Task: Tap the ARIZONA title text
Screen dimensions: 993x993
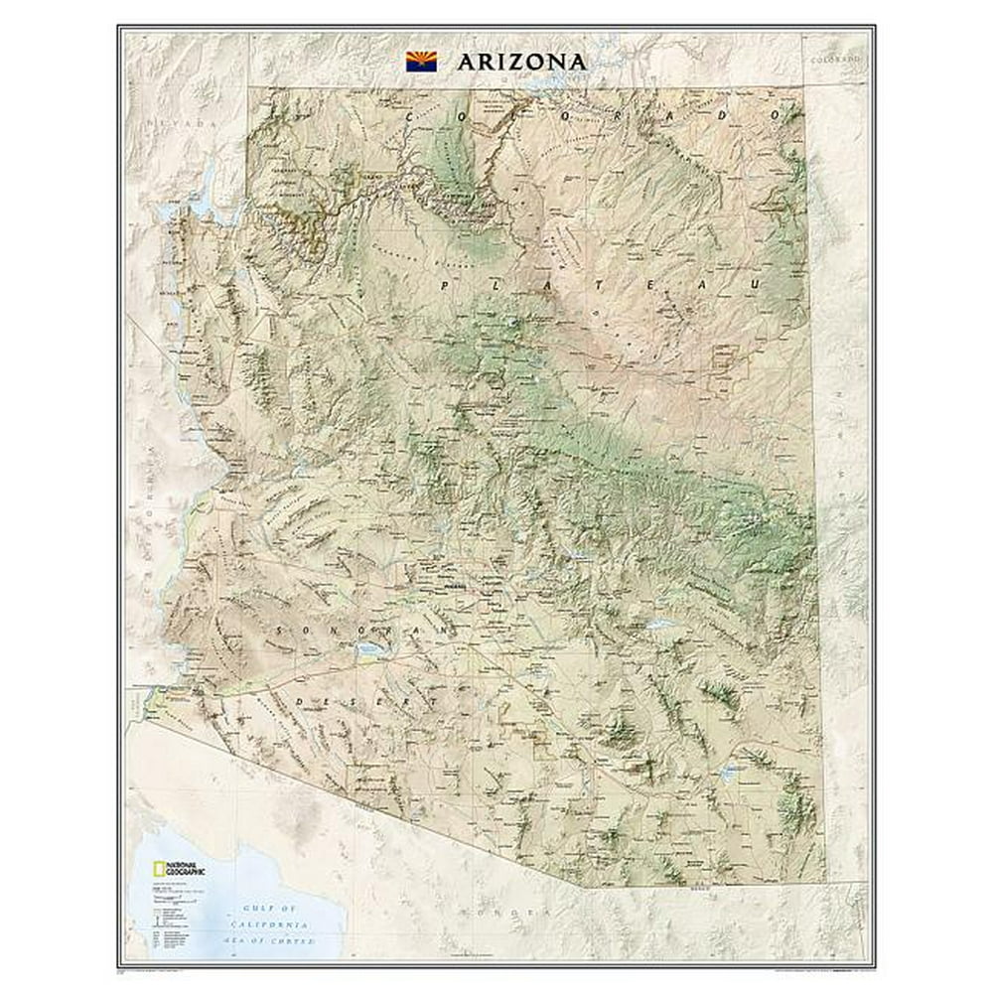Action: tap(521, 61)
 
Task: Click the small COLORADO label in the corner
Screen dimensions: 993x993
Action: tap(834, 60)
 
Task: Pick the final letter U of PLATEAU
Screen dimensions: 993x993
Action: tap(760, 283)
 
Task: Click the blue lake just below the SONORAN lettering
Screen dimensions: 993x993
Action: tap(368, 651)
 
